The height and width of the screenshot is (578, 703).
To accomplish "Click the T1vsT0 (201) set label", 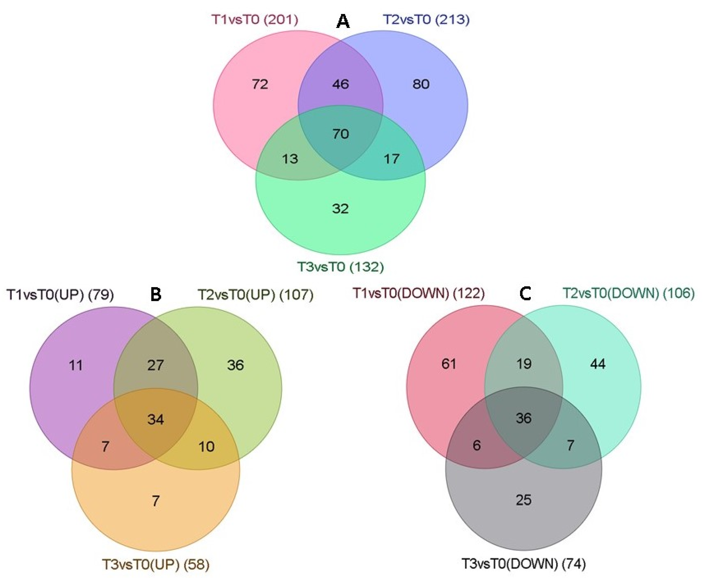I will click(255, 20).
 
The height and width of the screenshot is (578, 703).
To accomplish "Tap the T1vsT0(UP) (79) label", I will click(60, 295).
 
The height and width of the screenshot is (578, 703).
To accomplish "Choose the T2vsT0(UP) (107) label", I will click(256, 295).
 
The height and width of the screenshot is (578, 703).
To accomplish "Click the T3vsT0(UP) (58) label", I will click(156, 564).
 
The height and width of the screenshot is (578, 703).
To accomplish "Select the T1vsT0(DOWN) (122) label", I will click(418, 293).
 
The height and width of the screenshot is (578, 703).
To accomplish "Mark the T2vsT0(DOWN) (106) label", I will click(628, 293).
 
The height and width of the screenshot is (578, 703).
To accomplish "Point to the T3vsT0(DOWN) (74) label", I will click(523, 564).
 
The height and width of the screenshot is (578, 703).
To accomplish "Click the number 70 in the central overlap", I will click(340, 134).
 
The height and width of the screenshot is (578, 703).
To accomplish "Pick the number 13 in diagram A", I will click(290, 159).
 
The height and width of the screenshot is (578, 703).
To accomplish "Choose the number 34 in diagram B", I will click(156, 419).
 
